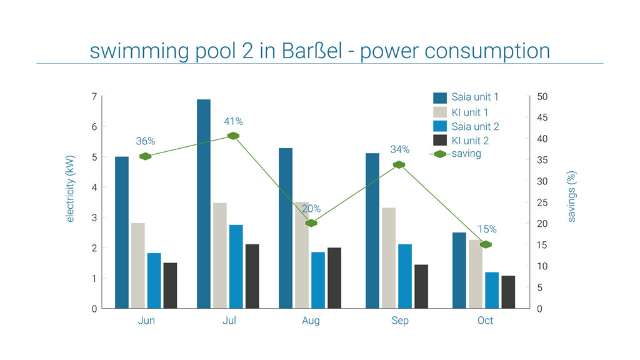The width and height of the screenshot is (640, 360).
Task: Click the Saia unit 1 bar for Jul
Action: tap(204, 204)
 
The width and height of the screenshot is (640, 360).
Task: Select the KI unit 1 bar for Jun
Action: tap(138, 266)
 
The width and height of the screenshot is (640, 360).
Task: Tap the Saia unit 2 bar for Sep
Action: tap(405, 276)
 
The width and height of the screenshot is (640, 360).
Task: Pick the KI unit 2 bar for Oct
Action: tap(508, 292)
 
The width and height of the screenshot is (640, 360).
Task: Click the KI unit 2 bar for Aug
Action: tap(334, 278)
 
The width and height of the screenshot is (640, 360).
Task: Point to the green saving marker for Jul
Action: tap(233, 136)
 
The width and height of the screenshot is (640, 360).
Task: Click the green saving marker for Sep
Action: tap(399, 165)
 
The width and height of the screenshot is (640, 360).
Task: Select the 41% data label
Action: tap(233, 121)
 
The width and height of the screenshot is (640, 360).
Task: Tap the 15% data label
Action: tap(487, 229)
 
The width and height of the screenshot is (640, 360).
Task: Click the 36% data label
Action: tap(145, 141)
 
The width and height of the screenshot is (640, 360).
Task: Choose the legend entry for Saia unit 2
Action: tap(474, 126)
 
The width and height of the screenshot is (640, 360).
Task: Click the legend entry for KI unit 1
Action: tap(469, 112)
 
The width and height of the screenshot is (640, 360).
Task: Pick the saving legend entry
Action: tap(466, 154)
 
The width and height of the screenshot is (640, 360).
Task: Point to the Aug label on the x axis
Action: tap(311, 321)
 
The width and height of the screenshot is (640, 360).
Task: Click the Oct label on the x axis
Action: tap(485, 321)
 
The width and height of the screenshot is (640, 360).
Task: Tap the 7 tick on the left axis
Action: tap(94, 97)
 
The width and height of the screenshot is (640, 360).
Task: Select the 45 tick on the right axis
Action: tap(542, 118)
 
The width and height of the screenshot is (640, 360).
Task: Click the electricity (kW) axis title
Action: tap(70, 189)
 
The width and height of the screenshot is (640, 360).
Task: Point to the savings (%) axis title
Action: tap(571, 197)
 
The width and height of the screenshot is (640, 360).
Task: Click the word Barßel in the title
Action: tap(307, 51)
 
